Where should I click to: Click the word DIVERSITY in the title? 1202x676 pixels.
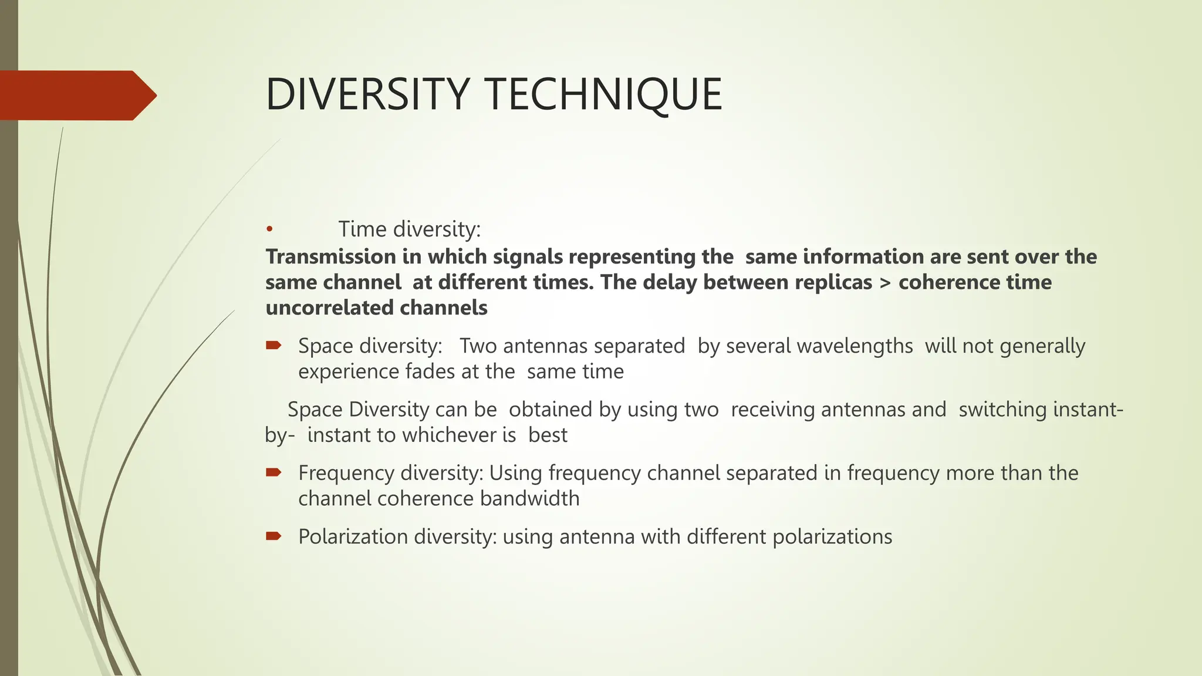(x=367, y=94)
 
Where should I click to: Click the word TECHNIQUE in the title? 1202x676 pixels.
(x=605, y=94)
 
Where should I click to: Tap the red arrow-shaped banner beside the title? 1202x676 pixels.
(x=76, y=95)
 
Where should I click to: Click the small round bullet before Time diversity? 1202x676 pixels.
(x=269, y=229)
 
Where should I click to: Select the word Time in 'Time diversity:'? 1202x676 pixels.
(x=363, y=229)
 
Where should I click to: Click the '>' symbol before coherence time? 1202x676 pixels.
(x=885, y=283)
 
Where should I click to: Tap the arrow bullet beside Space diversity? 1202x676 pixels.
(x=274, y=345)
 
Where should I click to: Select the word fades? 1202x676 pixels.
(x=430, y=371)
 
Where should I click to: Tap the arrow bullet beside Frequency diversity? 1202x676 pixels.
(x=274, y=472)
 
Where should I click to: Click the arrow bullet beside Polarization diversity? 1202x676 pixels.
(x=274, y=535)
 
